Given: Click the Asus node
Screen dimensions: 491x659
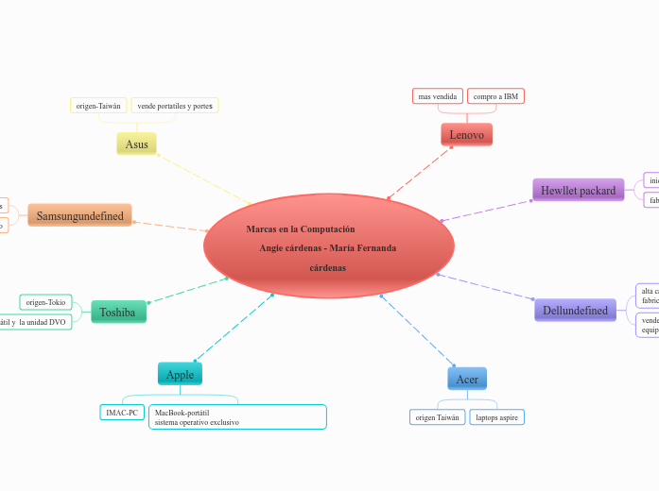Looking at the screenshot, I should pos(136,144).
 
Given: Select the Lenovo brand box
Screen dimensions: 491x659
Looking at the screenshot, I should pos(466,135).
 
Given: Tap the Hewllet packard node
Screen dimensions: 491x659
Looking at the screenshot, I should pos(578,191).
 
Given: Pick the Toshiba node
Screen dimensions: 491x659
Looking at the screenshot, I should pos(118,312).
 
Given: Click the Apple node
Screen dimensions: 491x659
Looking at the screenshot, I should pos(180,375).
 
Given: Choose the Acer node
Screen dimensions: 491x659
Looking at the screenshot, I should pos(467,380).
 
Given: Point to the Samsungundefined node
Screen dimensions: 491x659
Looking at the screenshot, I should pos(80,215).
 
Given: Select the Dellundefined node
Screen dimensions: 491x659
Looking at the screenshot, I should pos(575,310).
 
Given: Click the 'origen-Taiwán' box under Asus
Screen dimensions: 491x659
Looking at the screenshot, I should pos(98,106).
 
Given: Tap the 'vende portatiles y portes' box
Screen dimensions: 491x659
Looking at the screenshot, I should pos(175,106).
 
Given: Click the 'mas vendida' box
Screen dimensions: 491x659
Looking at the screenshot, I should pos(438,96).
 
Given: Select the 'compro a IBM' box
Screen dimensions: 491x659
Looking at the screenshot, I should pos(495,96).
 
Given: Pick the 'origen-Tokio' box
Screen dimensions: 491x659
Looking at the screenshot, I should pos(45,302).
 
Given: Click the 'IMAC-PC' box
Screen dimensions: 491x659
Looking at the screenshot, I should pos(122,413).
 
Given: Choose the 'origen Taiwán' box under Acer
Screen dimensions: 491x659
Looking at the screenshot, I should pos(438,416).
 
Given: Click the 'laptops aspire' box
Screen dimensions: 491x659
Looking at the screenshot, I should pos(496,416).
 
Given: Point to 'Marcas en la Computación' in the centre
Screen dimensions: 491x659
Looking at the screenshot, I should pos(301,229).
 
